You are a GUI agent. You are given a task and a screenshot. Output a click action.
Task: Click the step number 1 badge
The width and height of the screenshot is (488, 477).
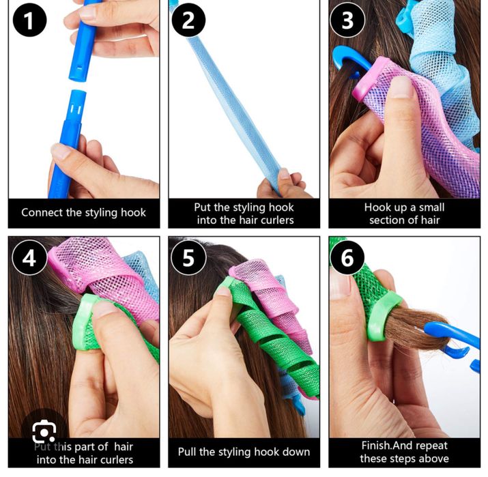tap(29, 20)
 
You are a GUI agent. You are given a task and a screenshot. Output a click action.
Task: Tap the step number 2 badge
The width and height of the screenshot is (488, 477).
tap(188, 20)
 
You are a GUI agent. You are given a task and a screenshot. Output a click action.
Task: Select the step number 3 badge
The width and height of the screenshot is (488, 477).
tap(347, 20)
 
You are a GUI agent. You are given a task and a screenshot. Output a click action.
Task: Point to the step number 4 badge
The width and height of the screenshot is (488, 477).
tap(29, 258)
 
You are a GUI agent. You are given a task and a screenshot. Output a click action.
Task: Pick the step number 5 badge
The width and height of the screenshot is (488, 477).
tap(188, 258)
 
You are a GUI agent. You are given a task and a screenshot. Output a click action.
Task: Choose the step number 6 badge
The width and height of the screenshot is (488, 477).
tap(347, 258)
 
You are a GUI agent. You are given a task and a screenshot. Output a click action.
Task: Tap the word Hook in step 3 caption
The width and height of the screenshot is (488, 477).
tap(377, 207)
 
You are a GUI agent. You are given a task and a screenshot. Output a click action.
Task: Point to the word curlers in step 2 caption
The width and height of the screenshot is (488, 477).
tap(277, 220)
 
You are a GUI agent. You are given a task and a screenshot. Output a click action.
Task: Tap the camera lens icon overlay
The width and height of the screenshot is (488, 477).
tap(44, 431)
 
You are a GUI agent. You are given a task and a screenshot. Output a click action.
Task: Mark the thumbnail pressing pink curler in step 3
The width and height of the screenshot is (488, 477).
tap(401, 87)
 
